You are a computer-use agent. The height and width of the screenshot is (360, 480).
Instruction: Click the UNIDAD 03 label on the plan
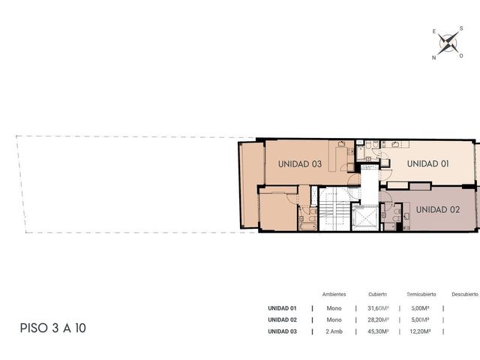coord(300,164)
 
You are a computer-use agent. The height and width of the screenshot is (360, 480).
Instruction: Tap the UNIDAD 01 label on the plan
coord(428,163)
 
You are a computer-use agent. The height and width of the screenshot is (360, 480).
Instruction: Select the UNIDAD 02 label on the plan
coord(438,210)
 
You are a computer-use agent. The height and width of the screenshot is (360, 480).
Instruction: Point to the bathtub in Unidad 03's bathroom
coord(307,226)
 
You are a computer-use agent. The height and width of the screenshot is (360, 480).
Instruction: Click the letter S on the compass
coord(461,28)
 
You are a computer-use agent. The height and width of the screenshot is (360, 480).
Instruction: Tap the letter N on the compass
coord(433,58)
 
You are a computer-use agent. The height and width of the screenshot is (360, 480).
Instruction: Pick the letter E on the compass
coord(434,31)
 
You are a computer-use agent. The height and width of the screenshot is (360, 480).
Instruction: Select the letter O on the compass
coord(461,55)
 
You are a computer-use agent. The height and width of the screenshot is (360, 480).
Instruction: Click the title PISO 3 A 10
coord(53,328)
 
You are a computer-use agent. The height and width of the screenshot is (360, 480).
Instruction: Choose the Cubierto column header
coord(378,294)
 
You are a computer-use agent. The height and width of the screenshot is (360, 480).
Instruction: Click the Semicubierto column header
coord(421,294)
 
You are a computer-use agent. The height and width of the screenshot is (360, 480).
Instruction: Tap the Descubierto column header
coord(465,294)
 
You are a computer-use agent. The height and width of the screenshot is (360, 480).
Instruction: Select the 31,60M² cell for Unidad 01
coord(378,308)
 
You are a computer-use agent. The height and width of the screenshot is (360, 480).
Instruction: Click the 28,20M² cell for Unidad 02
coord(378,320)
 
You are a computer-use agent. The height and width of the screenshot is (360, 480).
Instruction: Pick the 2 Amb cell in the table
coord(334,331)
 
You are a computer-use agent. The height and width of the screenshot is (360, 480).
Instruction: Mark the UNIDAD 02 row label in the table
coord(282,320)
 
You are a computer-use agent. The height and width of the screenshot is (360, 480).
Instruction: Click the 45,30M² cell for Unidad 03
coord(378,331)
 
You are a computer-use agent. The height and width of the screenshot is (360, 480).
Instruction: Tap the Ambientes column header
coord(334,294)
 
